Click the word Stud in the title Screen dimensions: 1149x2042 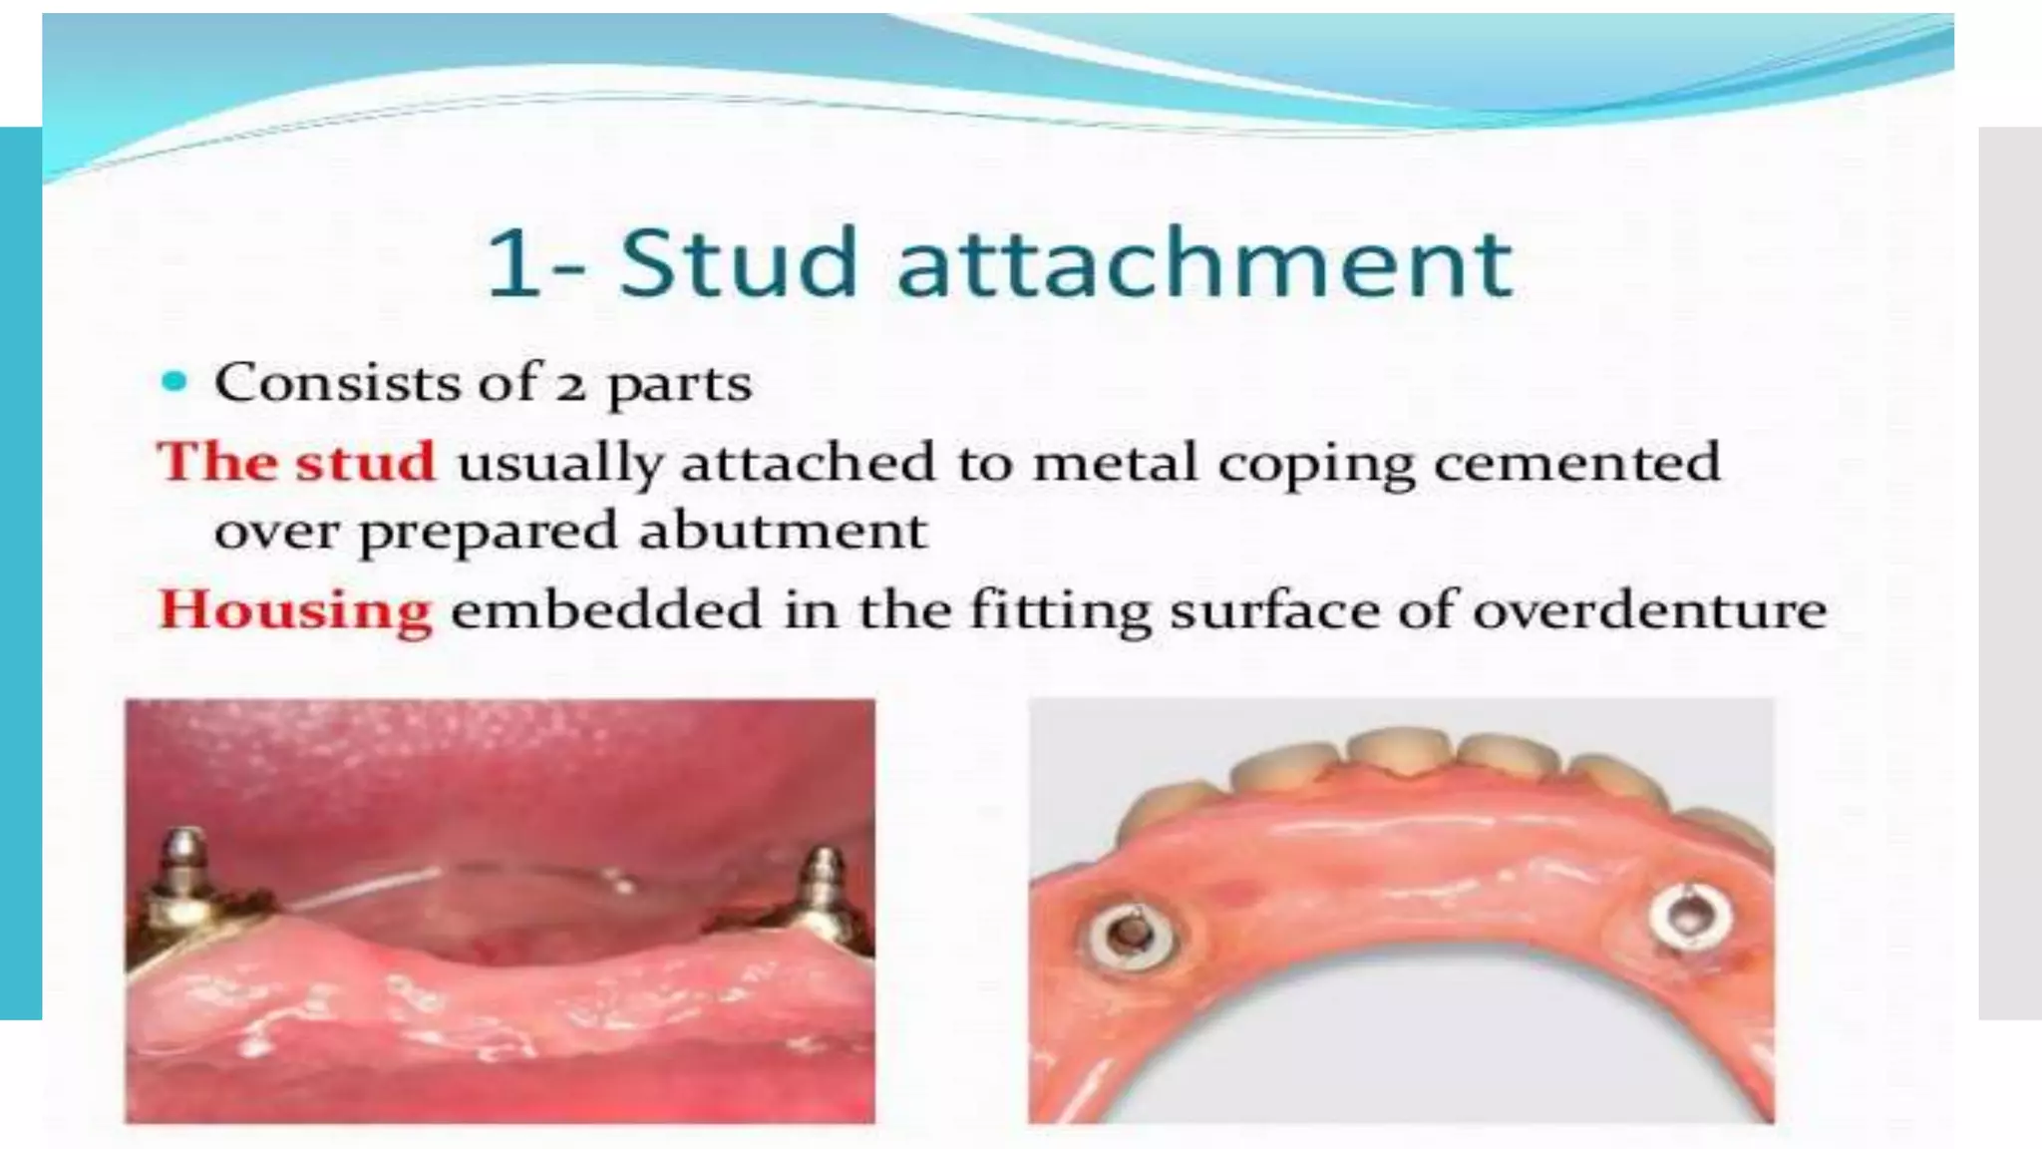pyautogui.click(x=738, y=262)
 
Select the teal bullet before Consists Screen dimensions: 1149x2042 pyautogui.click(x=174, y=382)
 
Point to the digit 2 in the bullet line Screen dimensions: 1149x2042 pyautogui.click(x=570, y=385)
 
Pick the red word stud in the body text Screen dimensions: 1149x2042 pyautogui.click(x=366, y=462)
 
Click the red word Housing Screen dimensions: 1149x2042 pyautogui.click(x=295, y=610)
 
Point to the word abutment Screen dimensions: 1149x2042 pyautogui.click(x=783, y=530)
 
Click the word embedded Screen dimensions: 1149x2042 pyautogui.click(x=606, y=609)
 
